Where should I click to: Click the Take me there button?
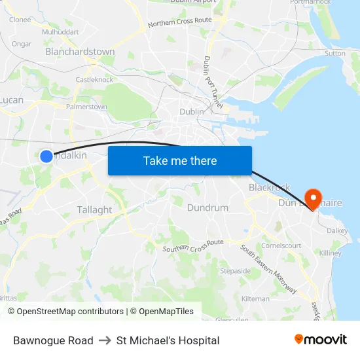180,160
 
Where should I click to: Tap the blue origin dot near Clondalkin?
46,156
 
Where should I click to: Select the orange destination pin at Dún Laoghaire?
313,198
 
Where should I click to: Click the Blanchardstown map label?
80,52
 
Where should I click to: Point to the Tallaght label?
94,209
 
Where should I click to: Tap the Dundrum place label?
207,207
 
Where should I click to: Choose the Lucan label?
12,100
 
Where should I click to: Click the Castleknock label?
94,80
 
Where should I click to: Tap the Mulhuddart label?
60,31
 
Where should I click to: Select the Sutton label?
334,54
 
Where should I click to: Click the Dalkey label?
337,230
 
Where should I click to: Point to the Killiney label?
331,253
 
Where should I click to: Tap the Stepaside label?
235,270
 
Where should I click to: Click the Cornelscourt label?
281,245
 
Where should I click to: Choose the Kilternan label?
255,298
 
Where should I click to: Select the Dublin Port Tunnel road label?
212,82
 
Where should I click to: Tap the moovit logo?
320,340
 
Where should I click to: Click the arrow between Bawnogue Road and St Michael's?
105,340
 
